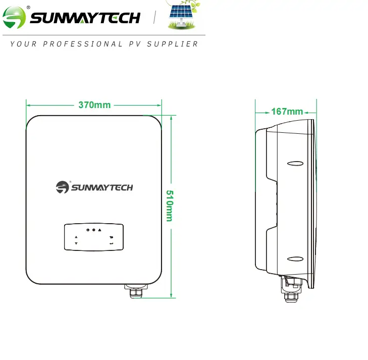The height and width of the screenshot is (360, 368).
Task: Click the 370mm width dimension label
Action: pos(94,106)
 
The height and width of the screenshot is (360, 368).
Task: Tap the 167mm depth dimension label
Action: pos(287,112)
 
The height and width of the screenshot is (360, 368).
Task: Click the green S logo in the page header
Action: pos(14,18)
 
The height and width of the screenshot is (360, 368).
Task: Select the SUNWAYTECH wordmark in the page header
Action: pos(85,18)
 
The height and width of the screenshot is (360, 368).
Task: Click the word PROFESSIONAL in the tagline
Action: pos(82,44)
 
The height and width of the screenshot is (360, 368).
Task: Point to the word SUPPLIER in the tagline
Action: pos(173,44)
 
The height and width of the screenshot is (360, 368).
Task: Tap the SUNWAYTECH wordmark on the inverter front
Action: pos(101,188)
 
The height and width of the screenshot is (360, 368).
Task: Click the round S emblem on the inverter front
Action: pos(62,187)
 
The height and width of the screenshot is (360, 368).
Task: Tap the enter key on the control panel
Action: pos(111,243)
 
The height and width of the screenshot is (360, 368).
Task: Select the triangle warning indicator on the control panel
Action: pos(100,230)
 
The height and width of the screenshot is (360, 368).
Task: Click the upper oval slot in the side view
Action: pos(295,164)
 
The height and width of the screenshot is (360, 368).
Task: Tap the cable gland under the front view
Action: pos(135,292)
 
